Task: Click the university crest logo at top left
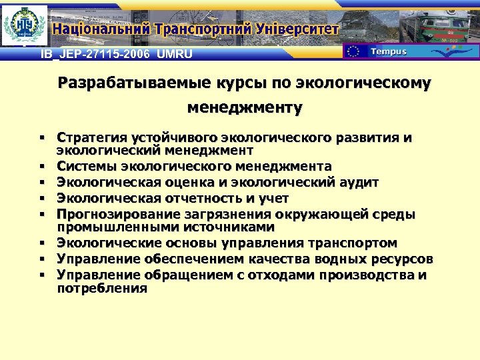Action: [25, 26]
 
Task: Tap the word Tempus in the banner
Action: [388, 52]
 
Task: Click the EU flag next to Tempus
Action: [353, 52]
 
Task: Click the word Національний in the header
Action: [100, 29]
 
